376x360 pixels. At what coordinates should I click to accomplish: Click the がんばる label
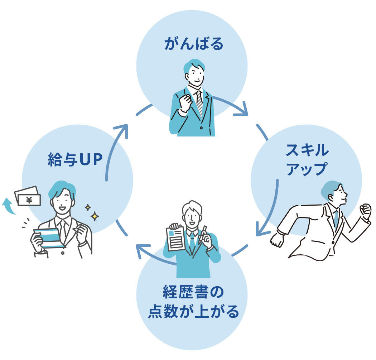click(193, 44)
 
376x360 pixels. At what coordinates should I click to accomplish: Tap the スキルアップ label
click(307, 159)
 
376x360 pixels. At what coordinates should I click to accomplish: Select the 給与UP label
click(75, 160)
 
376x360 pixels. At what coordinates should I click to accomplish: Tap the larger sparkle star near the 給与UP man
click(95, 216)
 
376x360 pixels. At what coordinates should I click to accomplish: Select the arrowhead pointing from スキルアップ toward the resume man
click(260, 232)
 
